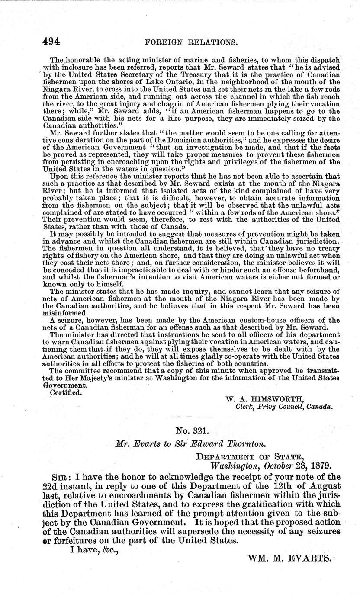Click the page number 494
point(51,42)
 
